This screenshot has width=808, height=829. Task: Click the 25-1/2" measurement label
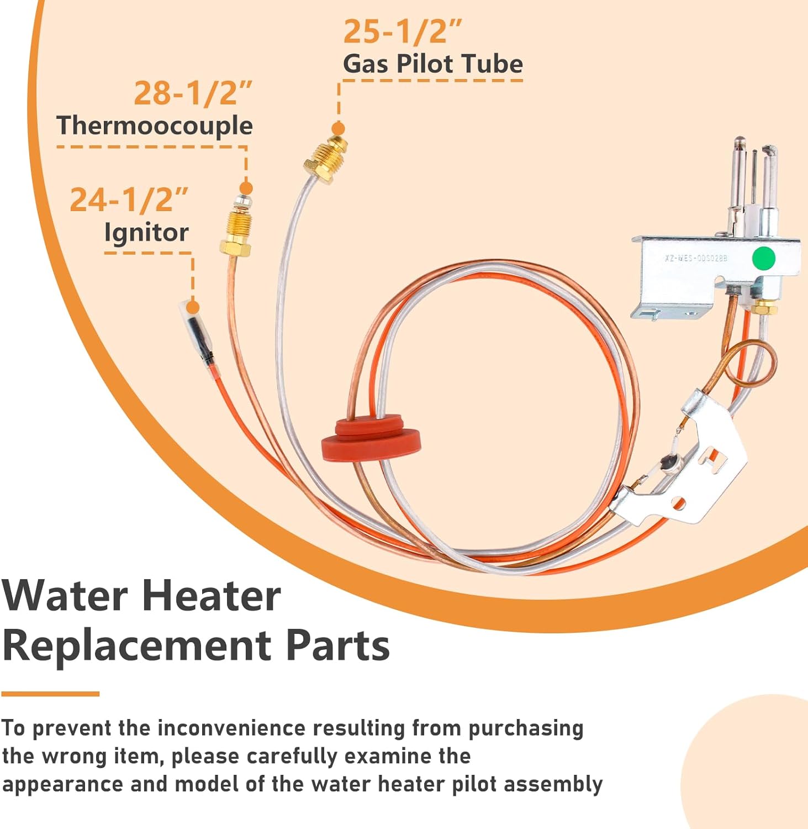[402, 32]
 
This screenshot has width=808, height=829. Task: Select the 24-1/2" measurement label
[129, 200]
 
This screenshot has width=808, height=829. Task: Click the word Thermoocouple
[155, 126]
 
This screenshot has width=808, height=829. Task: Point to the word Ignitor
[146, 233]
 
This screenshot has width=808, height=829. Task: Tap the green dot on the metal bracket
[764, 258]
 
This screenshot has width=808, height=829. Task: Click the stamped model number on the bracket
[695, 258]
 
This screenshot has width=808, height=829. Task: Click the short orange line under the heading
[50, 694]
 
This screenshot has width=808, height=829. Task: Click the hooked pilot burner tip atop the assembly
[770, 151]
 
